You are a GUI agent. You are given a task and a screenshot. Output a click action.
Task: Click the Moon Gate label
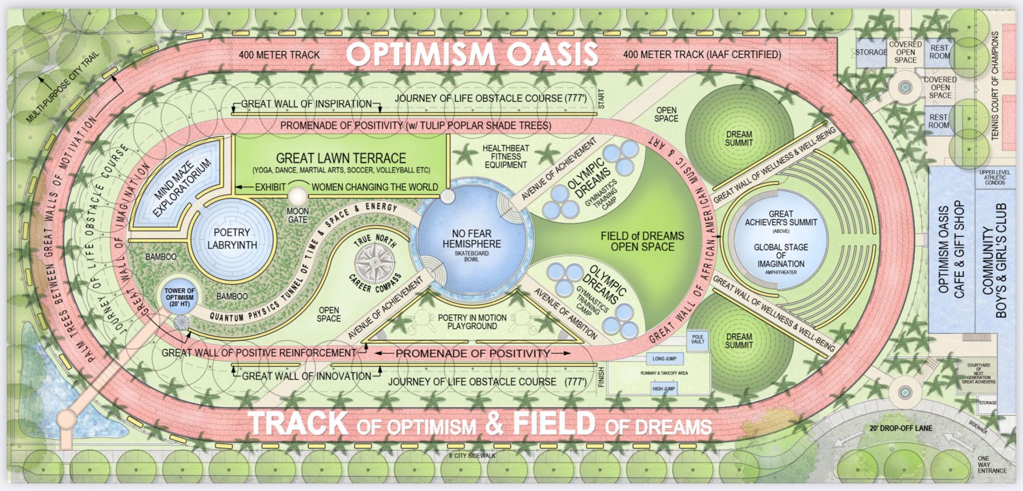click(x=297, y=215)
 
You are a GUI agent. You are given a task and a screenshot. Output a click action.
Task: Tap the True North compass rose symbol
click(x=375, y=263)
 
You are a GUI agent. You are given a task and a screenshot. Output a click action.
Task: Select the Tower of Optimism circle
click(x=180, y=297)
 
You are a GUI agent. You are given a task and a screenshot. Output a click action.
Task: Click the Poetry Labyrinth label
click(x=232, y=239)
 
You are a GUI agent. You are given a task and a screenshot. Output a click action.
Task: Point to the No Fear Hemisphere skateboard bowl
click(x=472, y=244)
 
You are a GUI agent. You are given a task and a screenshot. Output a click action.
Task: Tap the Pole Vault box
click(x=697, y=339)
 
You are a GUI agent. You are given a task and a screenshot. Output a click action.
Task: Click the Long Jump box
click(x=664, y=358)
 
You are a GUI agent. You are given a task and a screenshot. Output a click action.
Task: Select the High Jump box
click(x=663, y=389)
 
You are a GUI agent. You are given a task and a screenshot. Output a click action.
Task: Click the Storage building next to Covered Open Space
click(x=871, y=52)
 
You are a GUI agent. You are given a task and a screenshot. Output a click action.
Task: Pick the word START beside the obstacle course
click(x=602, y=99)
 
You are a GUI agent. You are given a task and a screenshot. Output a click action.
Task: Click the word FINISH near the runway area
click(x=602, y=377)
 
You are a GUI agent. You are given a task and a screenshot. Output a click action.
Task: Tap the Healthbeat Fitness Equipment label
click(x=506, y=157)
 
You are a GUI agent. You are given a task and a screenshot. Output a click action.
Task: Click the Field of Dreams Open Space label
click(x=642, y=241)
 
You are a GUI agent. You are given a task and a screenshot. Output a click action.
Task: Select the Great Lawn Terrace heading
click(x=341, y=158)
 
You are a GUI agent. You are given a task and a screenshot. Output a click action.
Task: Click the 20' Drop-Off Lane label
click(x=900, y=428)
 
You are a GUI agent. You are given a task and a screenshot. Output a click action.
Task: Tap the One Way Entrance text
click(x=992, y=464)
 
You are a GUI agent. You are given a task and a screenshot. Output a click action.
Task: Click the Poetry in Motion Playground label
click(x=472, y=322)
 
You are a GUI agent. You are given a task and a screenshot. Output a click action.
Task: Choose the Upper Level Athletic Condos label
click(x=994, y=177)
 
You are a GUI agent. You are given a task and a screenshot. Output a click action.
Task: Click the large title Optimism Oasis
click(x=472, y=54)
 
